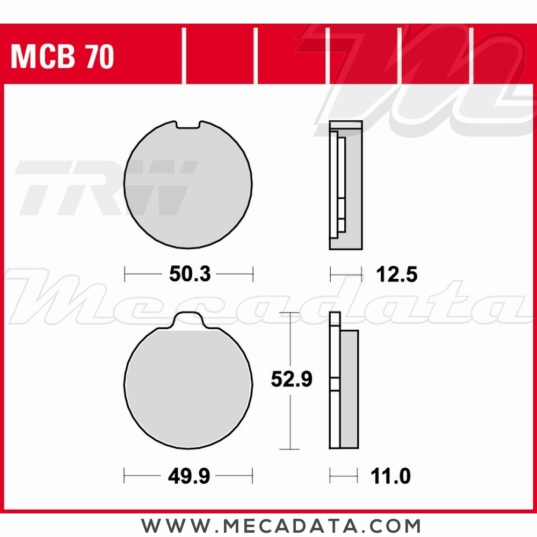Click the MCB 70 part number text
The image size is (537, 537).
pos(62,57)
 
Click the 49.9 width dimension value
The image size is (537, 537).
pos(188,476)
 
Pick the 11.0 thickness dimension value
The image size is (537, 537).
pos(390,476)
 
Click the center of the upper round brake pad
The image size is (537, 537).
pos(188,185)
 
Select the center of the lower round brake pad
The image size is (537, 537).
pos(188,387)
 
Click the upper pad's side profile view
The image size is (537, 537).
pos(345,185)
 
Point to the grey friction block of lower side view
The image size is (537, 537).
pos(349,389)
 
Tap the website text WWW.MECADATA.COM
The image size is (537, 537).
pos(281,525)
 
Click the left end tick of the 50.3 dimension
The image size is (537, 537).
pos(125,274)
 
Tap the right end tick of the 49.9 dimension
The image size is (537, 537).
pos(252,476)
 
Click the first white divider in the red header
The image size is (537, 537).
pos(184,56)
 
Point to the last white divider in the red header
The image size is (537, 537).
pos(470,56)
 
